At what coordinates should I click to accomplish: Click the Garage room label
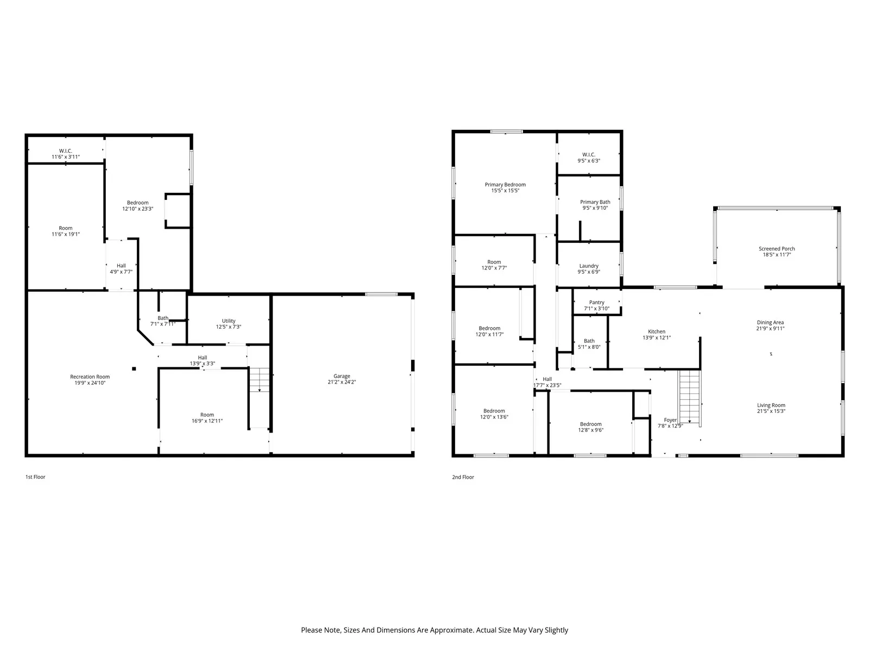click(x=342, y=376)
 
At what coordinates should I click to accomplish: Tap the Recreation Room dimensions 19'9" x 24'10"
click(x=90, y=383)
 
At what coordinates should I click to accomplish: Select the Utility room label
click(x=229, y=321)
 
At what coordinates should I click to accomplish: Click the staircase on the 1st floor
click(x=260, y=379)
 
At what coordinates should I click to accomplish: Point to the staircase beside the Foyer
click(x=689, y=397)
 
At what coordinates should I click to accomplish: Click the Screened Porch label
click(x=777, y=249)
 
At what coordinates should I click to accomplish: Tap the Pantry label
click(x=596, y=303)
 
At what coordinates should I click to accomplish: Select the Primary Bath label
click(x=595, y=202)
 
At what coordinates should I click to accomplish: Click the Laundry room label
click(x=589, y=266)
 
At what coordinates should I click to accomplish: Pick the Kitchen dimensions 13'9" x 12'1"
click(x=657, y=337)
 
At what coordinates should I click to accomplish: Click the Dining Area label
click(x=770, y=322)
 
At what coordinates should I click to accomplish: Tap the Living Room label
click(x=771, y=405)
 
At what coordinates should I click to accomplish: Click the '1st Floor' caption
click(x=35, y=477)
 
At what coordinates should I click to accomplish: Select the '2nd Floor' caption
click(x=463, y=477)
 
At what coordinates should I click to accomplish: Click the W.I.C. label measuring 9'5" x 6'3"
click(x=589, y=155)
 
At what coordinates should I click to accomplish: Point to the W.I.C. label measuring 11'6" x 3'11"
click(x=66, y=151)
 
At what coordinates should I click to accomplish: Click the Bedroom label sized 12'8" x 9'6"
click(x=590, y=424)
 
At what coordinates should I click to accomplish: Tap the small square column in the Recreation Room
click(x=134, y=369)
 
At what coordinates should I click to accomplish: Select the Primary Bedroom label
click(x=505, y=185)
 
